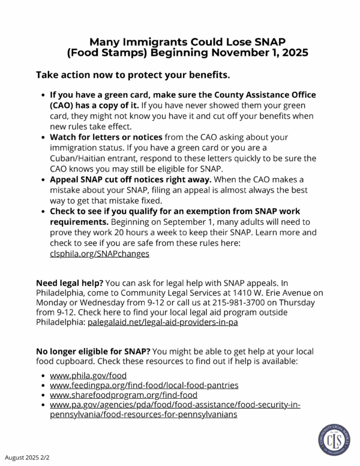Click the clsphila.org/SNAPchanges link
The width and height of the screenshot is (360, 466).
[x=100, y=253]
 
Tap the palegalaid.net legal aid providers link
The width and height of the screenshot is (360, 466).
[x=163, y=322]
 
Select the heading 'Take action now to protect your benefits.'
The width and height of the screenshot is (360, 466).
[x=133, y=76]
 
